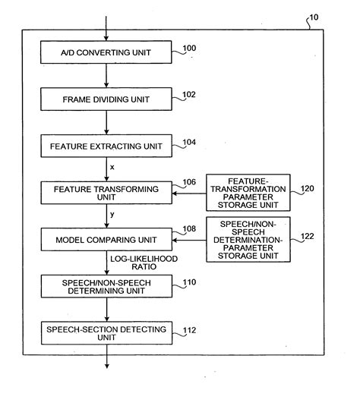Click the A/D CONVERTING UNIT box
tap(107, 52)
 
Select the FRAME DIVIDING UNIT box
tap(107, 99)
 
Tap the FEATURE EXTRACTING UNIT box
tap(107, 145)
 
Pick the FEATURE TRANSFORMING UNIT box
tap(107, 193)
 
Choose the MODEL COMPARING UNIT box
tap(107, 240)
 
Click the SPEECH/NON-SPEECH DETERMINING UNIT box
tap(107, 287)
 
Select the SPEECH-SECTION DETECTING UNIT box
tap(107, 333)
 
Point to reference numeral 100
tap(188, 49)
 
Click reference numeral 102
tap(188, 95)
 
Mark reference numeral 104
tap(188, 141)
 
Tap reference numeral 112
tap(188, 329)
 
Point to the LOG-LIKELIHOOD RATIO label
tap(144, 263)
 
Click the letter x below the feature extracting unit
tap(113, 166)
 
